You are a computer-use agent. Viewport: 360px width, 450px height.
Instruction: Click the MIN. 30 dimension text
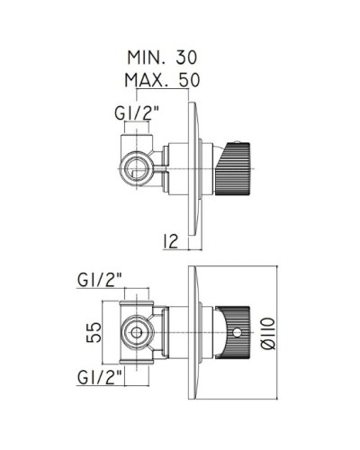click(x=162, y=57)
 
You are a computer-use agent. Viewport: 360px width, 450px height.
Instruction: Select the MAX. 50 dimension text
click(x=162, y=80)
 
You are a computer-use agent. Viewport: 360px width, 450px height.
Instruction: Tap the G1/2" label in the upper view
click(x=137, y=113)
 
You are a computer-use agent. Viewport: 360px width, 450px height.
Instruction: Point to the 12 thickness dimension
click(x=171, y=241)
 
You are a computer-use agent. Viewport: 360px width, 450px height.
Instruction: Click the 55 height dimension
click(x=94, y=332)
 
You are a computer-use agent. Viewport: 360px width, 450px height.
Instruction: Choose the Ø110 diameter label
click(x=268, y=334)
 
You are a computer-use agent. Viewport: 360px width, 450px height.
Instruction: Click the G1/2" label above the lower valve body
click(x=100, y=280)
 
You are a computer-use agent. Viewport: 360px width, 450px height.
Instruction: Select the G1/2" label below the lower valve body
click(x=100, y=377)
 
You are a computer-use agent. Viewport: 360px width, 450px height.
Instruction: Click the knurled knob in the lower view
click(x=233, y=332)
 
